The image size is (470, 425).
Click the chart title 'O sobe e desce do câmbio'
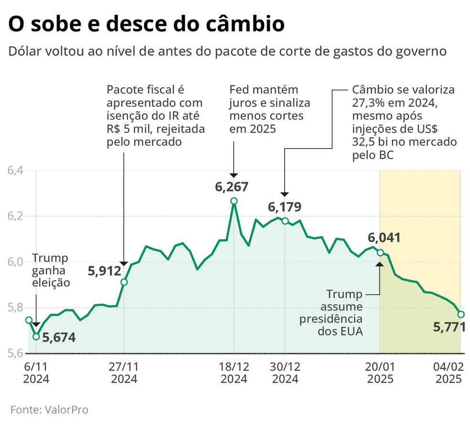[147, 24]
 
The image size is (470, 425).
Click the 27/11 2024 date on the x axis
[124, 373]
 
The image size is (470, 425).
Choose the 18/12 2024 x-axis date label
[234, 373]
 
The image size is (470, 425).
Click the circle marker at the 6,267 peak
[234, 201]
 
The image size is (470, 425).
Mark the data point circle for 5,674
[36, 337]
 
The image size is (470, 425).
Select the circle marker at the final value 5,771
[461, 314]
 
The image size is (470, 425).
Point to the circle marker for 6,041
[380, 253]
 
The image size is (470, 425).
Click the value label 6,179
[285, 207]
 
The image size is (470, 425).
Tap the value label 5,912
[104, 271]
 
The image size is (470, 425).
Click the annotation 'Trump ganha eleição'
[51, 270]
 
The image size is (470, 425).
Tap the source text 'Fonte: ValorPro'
[49, 409]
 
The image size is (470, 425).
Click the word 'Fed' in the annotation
[239, 90]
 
